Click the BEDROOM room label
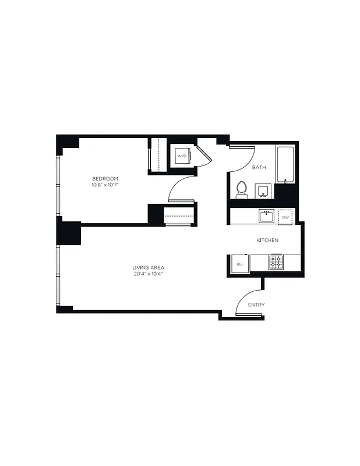105,178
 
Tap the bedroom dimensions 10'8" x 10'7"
105,185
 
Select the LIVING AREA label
148,267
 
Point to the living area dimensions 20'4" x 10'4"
148,274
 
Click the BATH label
259,168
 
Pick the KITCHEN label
267,240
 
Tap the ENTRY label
256,305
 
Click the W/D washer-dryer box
182,156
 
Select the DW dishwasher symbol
285,217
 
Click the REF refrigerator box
239,264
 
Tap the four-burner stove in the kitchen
276,262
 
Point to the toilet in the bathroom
242,190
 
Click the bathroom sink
263,191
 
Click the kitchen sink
266,217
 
